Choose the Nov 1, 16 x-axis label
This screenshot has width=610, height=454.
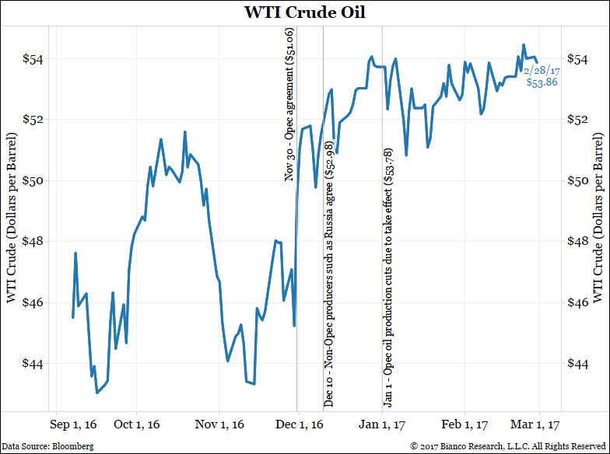click(219, 424)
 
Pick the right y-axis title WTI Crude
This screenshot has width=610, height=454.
click(598, 211)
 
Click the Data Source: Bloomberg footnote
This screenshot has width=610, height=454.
click(47, 446)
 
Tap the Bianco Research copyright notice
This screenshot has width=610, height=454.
click(508, 446)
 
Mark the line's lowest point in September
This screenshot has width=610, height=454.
click(96, 393)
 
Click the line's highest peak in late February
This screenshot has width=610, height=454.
click(524, 45)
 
